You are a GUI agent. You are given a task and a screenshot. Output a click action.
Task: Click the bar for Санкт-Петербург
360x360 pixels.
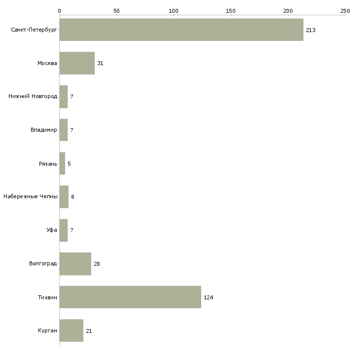[x=181, y=30]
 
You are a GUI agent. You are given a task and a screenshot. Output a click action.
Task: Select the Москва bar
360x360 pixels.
[x=77, y=63]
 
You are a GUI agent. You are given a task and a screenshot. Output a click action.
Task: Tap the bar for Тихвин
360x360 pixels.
[x=130, y=297]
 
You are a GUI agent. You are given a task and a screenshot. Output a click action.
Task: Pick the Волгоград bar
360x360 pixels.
[x=75, y=264]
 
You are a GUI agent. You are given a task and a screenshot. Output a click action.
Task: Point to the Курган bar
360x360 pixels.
[x=72, y=330]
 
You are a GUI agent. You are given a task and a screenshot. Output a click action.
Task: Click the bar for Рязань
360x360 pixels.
[x=62, y=163]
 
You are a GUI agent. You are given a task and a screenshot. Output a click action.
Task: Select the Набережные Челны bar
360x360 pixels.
[x=64, y=197]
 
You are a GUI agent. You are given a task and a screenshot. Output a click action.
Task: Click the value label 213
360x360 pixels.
[x=310, y=30]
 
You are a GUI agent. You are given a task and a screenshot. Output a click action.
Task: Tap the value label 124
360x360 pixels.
[x=208, y=297]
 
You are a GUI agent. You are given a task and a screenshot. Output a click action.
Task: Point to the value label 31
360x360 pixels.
[x=100, y=63]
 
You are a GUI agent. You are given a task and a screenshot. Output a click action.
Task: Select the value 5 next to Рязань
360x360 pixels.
[x=69, y=164]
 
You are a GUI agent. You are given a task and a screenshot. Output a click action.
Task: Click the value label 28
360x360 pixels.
[x=97, y=264]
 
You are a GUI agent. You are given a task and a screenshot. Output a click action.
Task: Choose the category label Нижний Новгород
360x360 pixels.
[x=33, y=96]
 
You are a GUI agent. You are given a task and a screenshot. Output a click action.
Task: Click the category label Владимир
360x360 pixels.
[x=43, y=130]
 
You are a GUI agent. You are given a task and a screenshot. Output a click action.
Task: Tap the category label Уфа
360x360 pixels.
[x=52, y=230]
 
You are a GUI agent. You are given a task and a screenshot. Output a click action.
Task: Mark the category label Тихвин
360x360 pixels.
[x=47, y=297]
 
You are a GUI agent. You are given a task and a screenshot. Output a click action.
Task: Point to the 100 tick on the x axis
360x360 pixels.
[x=174, y=11]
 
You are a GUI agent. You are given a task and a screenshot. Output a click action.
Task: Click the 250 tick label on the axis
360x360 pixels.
[x=345, y=11]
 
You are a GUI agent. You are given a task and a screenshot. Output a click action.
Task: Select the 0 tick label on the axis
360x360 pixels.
[x=60, y=11]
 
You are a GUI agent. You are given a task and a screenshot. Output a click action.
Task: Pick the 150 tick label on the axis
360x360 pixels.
[x=231, y=11]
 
